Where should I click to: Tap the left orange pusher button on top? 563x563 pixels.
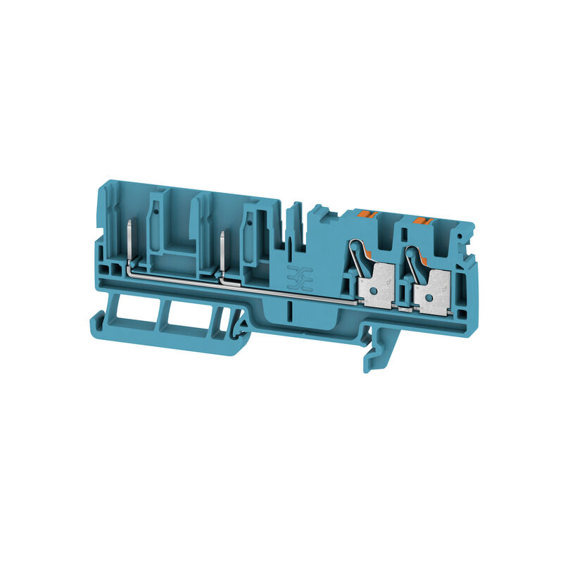365,213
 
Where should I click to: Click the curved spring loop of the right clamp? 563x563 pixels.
412,258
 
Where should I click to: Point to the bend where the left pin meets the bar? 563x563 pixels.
131,267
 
